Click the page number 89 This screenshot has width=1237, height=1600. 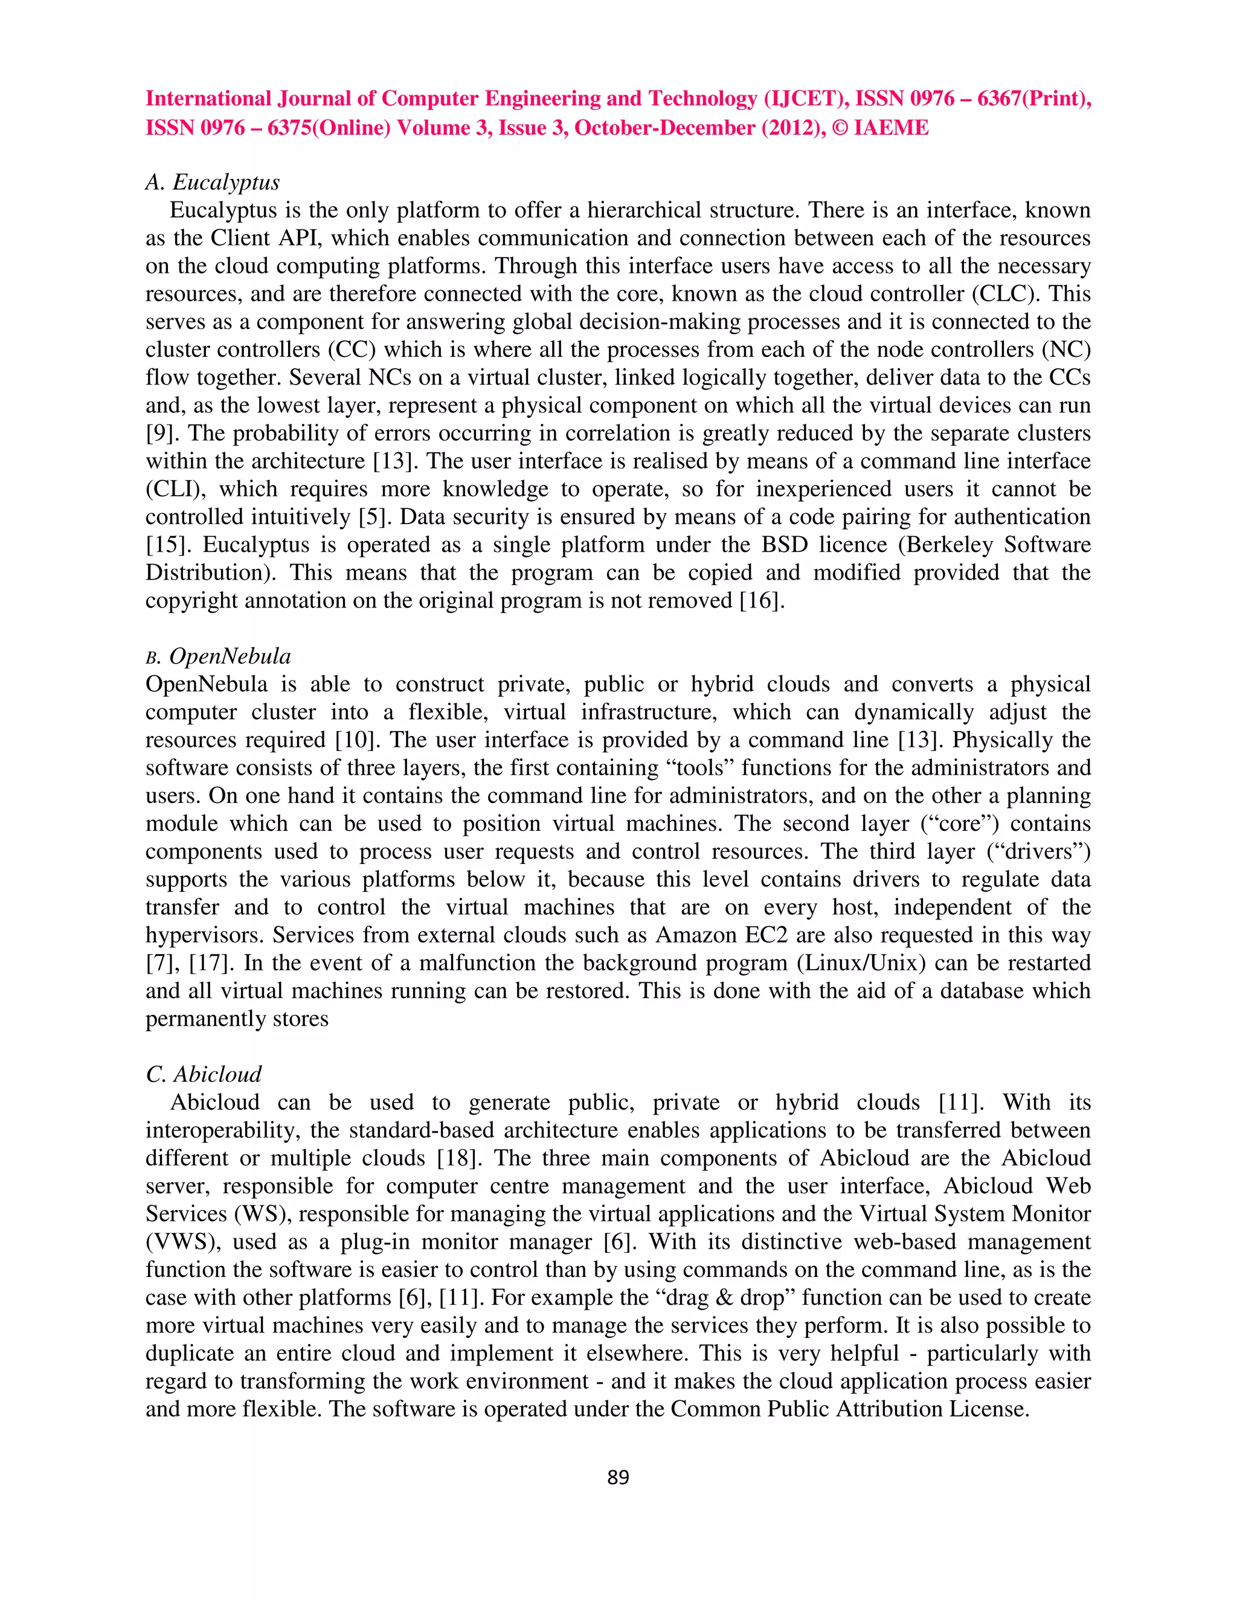pos(618,1477)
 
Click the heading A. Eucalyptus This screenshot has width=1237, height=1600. pos(213,182)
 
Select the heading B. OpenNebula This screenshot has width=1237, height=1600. pos(219,656)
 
